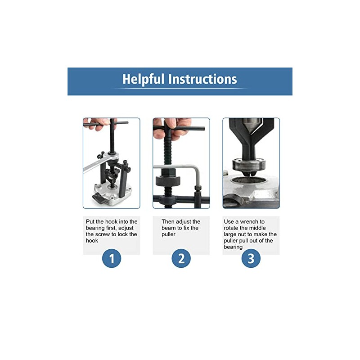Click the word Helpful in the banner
143,80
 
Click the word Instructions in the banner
202,80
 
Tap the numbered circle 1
111,259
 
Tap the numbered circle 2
181,259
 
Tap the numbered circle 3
251,259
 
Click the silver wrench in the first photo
92,167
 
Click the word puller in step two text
169,234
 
